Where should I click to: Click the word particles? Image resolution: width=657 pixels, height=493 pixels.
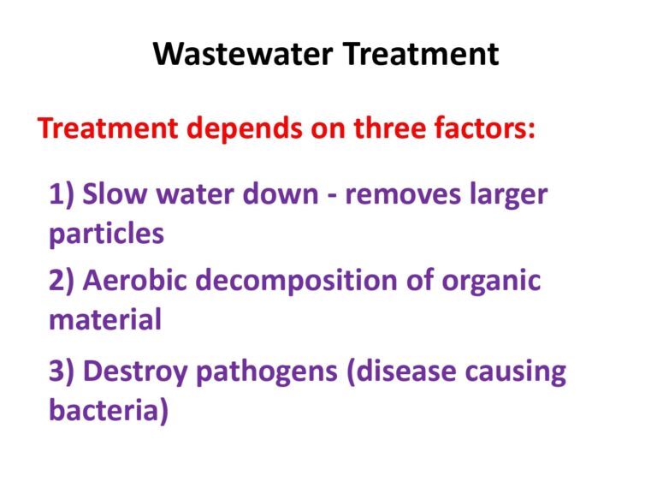[x=106, y=234]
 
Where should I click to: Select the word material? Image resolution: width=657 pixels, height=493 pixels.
[x=105, y=319]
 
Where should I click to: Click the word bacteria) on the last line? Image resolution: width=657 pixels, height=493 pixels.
[x=109, y=410]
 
